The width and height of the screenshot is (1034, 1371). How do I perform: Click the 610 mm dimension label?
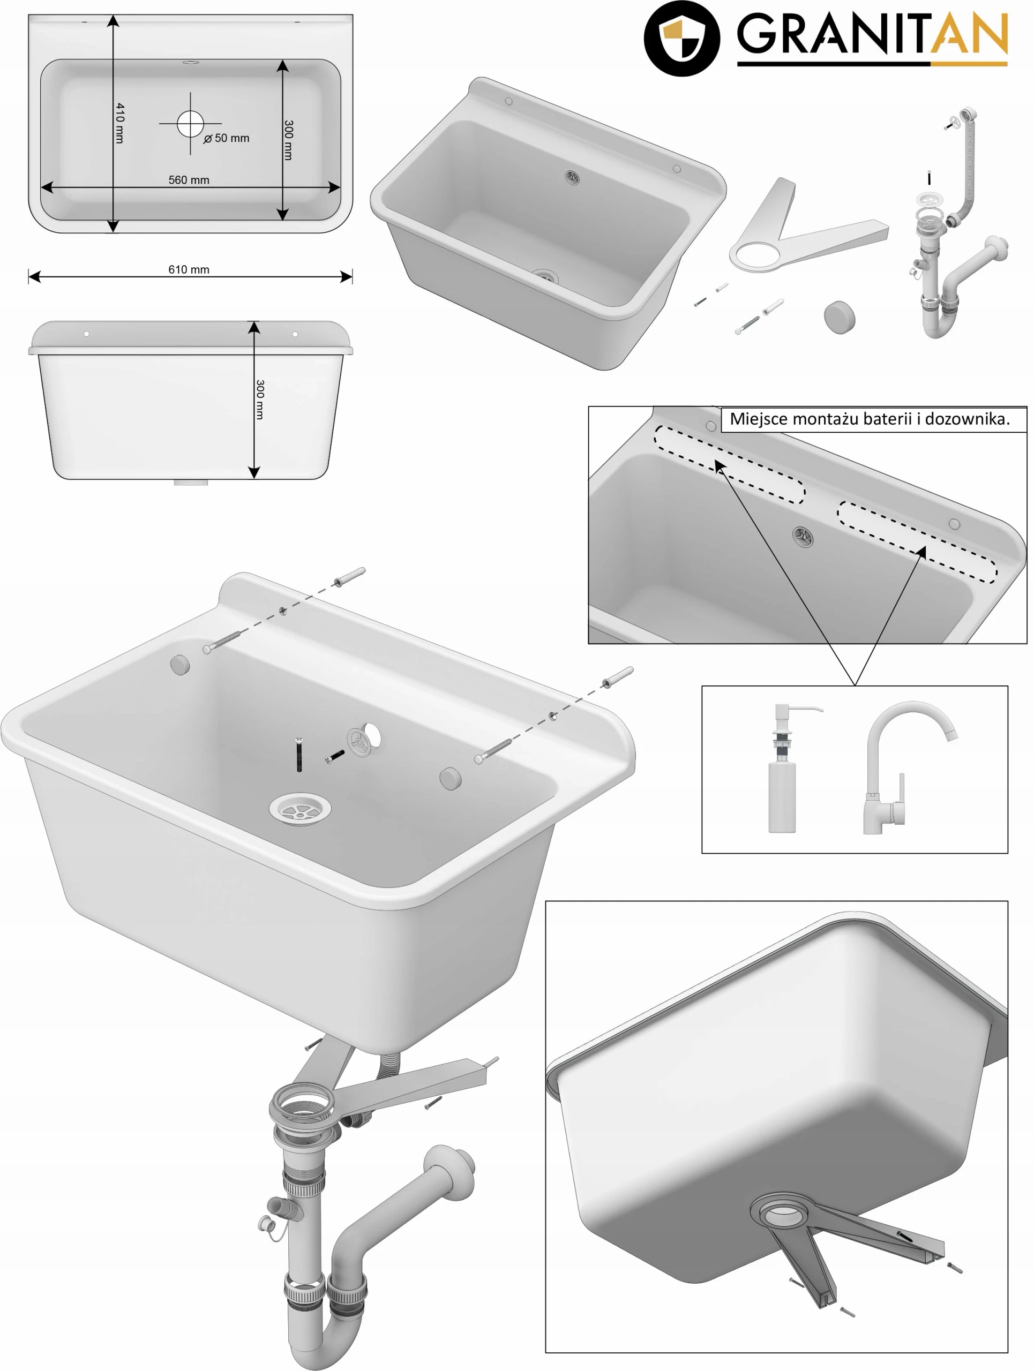(189, 269)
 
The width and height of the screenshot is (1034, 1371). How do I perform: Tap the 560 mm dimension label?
(189, 180)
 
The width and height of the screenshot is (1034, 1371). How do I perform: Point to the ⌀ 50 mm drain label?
(227, 138)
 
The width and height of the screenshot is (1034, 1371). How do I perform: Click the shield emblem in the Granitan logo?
(681, 39)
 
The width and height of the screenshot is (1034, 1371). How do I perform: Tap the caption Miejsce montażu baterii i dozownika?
(869, 419)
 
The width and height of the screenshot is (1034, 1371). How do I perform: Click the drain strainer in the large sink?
(300, 809)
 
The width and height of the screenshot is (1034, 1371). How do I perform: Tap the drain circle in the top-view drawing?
(190, 123)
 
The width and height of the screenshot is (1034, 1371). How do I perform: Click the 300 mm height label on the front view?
(260, 400)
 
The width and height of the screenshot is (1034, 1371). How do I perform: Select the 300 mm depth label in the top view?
(288, 141)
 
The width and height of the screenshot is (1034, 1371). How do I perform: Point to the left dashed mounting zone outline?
(730, 464)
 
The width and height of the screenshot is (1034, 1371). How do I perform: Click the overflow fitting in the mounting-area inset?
(802, 536)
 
